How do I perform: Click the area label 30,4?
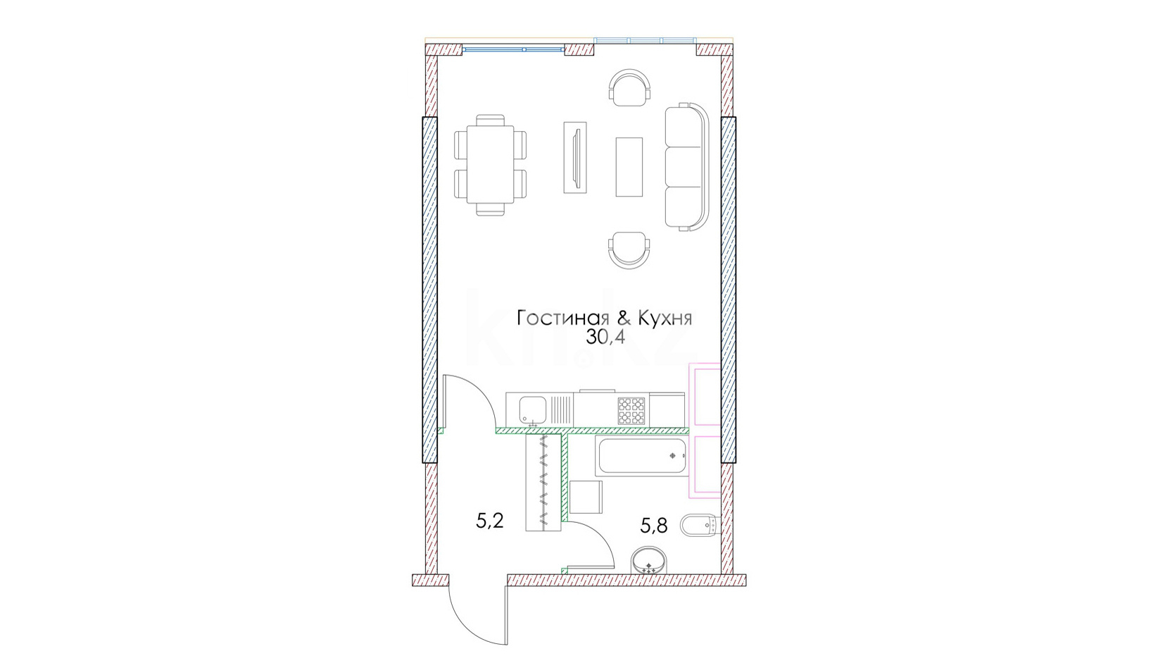605,338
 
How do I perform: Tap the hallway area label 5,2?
490,521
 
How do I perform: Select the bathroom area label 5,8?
654,526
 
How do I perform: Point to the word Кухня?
665,318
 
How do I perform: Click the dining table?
491,164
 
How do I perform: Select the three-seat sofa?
686,166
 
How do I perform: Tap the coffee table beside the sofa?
629,166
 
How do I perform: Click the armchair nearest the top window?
629,87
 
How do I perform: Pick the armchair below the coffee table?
629,250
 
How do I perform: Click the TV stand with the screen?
575,158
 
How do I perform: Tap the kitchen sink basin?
533,410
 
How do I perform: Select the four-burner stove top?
631,411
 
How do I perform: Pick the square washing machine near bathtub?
586,497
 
